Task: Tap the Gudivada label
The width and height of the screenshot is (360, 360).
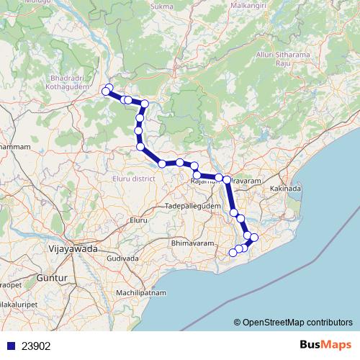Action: (122, 257)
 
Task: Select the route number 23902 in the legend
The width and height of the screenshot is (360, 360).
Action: (36, 346)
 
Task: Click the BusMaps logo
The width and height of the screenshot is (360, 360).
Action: (325, 345)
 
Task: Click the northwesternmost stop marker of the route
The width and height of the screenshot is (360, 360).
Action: (109, 89)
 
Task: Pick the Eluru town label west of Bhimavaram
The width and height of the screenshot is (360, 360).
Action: (138, 218)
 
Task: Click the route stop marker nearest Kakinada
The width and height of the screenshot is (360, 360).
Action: (253, 237)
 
